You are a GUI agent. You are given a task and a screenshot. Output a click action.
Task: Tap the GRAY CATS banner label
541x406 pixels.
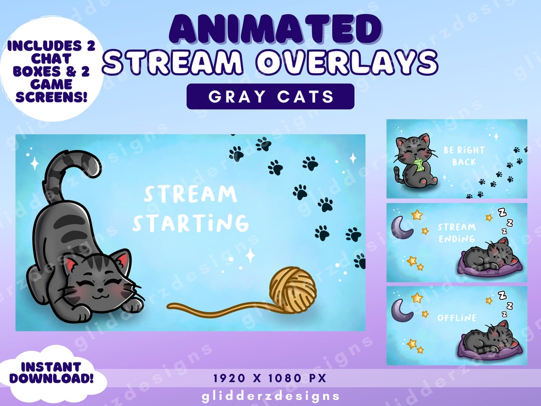click(x=270, y=96)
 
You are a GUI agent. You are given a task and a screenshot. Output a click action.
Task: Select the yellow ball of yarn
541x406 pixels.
click(x=293, y=288)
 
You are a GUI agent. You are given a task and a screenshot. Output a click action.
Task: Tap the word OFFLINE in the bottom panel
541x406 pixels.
click(x=456, y=318)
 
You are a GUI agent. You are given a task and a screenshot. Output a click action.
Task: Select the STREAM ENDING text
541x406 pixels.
click(x=456, y=233)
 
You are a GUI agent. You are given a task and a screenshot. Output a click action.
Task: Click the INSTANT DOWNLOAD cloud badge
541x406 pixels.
click(x=52, y=374)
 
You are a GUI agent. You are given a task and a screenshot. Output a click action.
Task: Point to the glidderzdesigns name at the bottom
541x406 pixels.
click(x=270, y=396)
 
